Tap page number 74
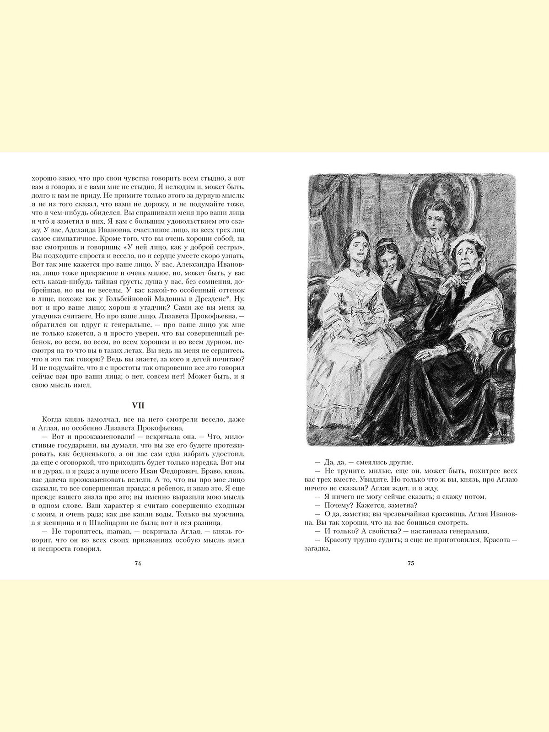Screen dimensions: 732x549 click(x=138, y=563)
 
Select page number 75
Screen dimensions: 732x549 click(x=410, y=563)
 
